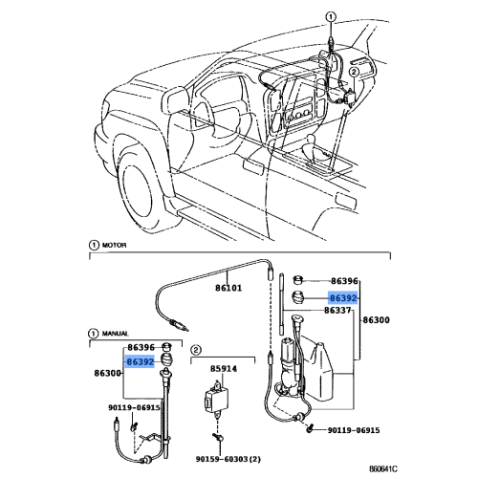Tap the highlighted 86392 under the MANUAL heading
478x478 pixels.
[141, 360]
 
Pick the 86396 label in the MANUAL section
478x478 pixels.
[141, 346]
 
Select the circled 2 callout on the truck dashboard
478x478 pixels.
[354, 71]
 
